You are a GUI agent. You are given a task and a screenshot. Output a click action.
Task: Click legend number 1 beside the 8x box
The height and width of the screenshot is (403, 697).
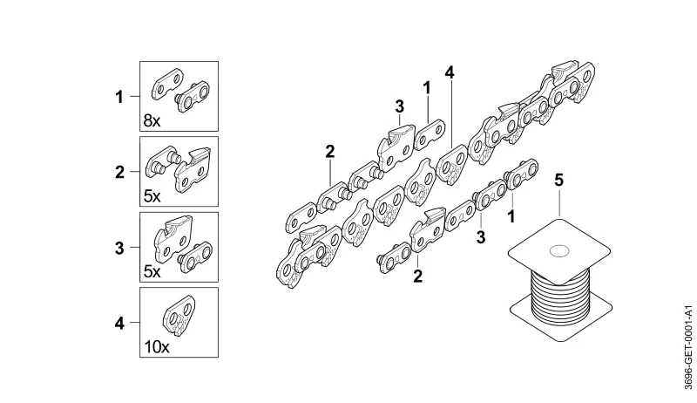[118, 97]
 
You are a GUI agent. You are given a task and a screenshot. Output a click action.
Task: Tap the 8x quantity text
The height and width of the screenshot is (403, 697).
[152, 120]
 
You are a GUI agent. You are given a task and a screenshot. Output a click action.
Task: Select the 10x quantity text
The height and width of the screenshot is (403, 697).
[157, 347]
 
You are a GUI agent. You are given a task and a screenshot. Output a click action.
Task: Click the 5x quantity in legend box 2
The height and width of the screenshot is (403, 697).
[152, 195]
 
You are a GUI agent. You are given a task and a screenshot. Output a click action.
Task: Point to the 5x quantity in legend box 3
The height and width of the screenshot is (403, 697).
[152, 271]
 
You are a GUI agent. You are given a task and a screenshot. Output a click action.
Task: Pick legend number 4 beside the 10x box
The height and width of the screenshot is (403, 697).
[119, 324]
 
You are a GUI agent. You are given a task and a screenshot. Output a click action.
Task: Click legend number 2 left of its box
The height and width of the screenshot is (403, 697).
[119, 172]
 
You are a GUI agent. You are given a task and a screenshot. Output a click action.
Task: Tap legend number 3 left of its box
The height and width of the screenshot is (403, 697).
[119, 248]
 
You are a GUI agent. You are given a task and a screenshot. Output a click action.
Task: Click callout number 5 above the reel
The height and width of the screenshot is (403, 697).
[558, 181]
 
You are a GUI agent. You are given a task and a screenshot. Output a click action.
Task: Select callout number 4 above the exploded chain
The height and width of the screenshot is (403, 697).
[450, 72]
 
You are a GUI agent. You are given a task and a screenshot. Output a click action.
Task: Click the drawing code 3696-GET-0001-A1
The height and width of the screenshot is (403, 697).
[688, 347]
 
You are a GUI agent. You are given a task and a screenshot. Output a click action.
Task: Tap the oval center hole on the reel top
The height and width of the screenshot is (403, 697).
[559, 251]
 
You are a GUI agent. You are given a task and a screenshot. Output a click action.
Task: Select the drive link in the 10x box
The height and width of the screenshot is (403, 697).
[179, 317]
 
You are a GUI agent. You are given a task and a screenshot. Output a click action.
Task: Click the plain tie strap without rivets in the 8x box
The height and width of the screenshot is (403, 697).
[167, 83]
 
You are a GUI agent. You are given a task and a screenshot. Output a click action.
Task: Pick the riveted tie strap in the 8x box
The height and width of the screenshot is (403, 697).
[193, 97]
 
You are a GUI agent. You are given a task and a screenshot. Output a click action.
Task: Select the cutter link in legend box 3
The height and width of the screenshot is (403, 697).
[173, 238]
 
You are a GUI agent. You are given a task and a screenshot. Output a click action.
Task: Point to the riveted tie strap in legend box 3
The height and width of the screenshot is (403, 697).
[194, 257]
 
